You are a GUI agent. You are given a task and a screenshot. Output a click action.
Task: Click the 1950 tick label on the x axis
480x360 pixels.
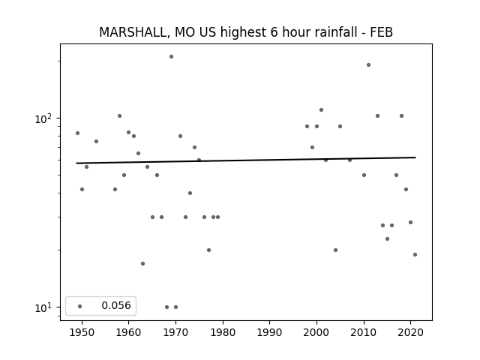point(82,332)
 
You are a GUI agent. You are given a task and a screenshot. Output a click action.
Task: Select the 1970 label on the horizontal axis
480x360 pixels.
point(175,332)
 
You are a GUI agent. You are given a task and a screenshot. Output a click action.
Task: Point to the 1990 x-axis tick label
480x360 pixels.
point(270,332)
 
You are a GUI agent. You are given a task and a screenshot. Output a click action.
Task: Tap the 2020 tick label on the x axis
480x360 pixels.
point(410,332)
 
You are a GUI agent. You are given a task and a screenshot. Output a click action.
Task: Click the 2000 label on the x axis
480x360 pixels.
point(316,332)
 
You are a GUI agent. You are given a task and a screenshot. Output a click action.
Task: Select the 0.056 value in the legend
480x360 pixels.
point(116,305)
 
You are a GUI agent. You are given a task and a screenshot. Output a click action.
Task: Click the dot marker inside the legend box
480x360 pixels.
point(80,306)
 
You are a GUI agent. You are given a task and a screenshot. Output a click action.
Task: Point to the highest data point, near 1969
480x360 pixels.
point(172,57)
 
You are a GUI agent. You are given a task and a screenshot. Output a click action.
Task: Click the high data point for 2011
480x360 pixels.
point(368,65)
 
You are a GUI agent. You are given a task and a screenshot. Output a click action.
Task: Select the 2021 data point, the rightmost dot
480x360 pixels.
point(415,254)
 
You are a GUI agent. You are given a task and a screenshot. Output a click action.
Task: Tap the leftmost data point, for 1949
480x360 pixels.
point(77,133)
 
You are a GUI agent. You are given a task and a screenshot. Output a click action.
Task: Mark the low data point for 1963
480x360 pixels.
point(142,263)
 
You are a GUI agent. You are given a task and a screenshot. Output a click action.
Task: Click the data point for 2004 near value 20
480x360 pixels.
point(335,250)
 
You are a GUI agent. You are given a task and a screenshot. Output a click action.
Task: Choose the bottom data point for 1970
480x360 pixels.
point(175,307)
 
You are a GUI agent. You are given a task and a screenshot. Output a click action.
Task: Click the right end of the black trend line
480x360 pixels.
point(415,157)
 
